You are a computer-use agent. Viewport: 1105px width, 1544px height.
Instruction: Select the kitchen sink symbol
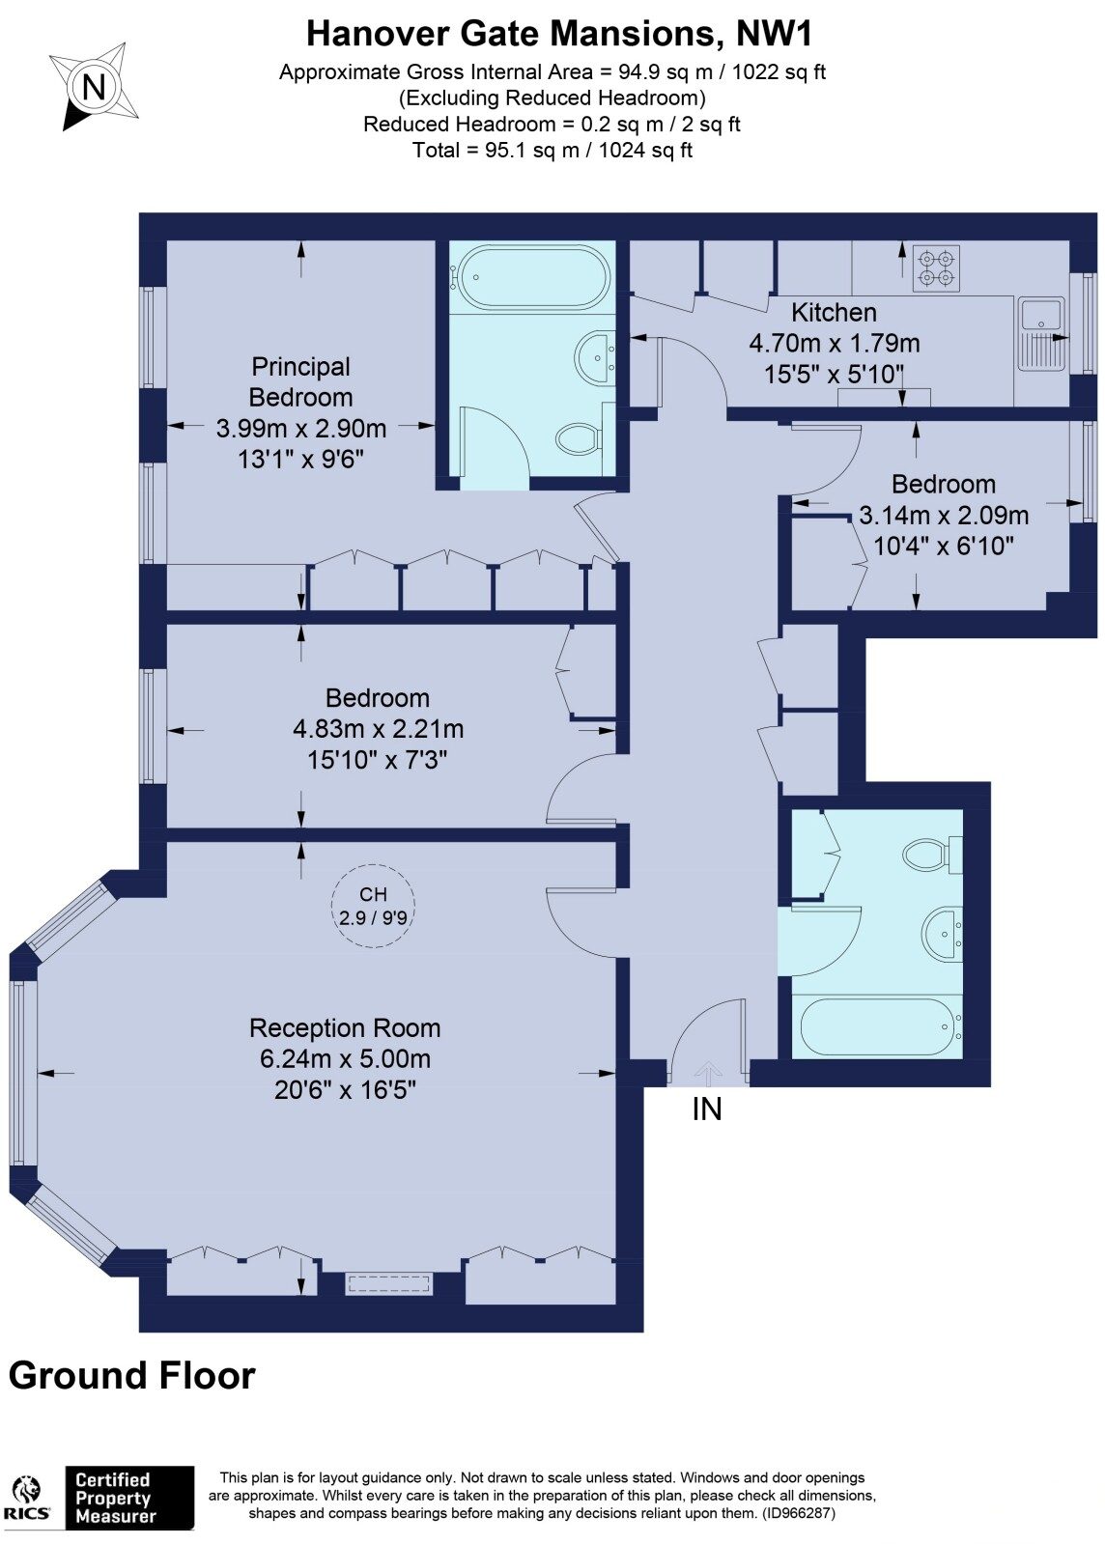point(1042,334)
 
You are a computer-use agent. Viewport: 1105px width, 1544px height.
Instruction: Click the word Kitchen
point(834,312)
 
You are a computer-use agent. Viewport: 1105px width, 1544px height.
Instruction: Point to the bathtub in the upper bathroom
point(534,277)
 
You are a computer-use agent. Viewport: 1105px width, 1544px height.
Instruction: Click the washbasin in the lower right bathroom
point(941,933)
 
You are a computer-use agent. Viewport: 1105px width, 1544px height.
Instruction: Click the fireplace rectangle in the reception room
point(389,1283)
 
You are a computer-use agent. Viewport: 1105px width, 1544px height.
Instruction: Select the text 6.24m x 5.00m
point(345,1058)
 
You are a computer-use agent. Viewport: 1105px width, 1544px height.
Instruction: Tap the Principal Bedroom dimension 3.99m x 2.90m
point(300,428)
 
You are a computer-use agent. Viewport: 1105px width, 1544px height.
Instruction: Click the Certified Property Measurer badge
point(129,1497)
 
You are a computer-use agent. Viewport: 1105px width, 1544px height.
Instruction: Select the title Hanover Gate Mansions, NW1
point(559,33)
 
